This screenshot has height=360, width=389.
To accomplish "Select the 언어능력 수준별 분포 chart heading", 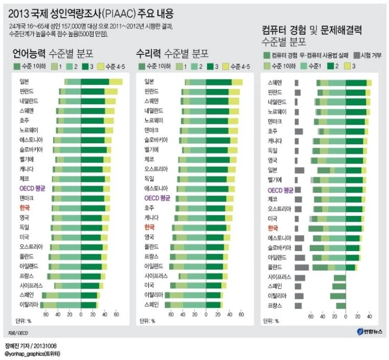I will point(53,53).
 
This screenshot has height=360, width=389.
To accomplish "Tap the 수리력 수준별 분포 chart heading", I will point(172,53).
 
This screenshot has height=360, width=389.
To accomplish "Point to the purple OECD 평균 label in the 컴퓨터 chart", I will point(280,189).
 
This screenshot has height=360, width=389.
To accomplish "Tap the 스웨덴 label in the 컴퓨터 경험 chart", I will point(275,83).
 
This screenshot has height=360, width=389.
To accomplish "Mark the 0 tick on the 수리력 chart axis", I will point(206,316).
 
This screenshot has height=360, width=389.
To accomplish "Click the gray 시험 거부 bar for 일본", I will point(300,170).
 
